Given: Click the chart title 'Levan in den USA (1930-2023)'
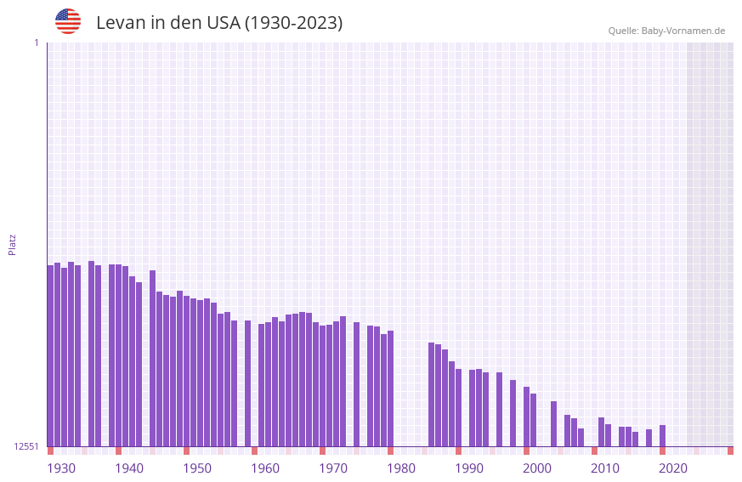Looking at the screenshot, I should click(x=219, y=23).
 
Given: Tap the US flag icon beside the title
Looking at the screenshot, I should click(x=68, y=21).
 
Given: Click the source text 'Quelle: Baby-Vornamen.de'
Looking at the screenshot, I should click(x=666, y=31).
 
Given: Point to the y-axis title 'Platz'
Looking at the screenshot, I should click(x=12, y=245).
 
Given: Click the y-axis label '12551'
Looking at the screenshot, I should click(x=27, y=446).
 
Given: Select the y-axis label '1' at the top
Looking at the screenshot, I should click(x=36, y=43).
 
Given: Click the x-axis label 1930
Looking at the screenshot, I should click(x=61, y=468).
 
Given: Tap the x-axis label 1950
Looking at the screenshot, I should click(x=197, y=468).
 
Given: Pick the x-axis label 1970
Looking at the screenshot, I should click(x=333, y=468).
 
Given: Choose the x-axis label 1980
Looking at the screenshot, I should click(x=401, y=468).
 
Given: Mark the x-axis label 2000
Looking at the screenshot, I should click(x=537, y=468).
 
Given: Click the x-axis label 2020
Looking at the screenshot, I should click(x=673, y=468).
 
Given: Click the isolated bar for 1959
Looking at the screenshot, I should click(x=247, y=383).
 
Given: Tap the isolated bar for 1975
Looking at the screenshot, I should click(x=356, y=384).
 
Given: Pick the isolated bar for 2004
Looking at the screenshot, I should click(x=553, y=423).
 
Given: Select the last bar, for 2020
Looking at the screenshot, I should click(x=662, y=435).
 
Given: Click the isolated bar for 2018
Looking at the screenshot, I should click(x=649, y=438).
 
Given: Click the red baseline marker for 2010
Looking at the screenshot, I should click(x=594, y=451).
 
